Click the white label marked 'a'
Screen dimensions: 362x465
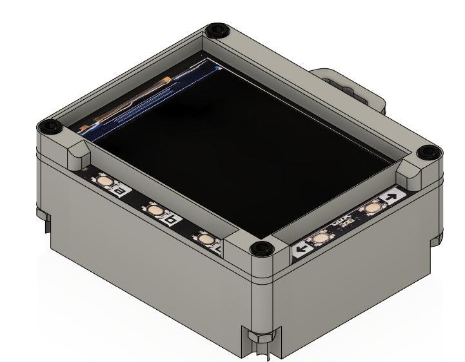(121, 191)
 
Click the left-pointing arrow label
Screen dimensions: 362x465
(300, 249)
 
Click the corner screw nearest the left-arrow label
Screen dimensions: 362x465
(259, 247)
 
